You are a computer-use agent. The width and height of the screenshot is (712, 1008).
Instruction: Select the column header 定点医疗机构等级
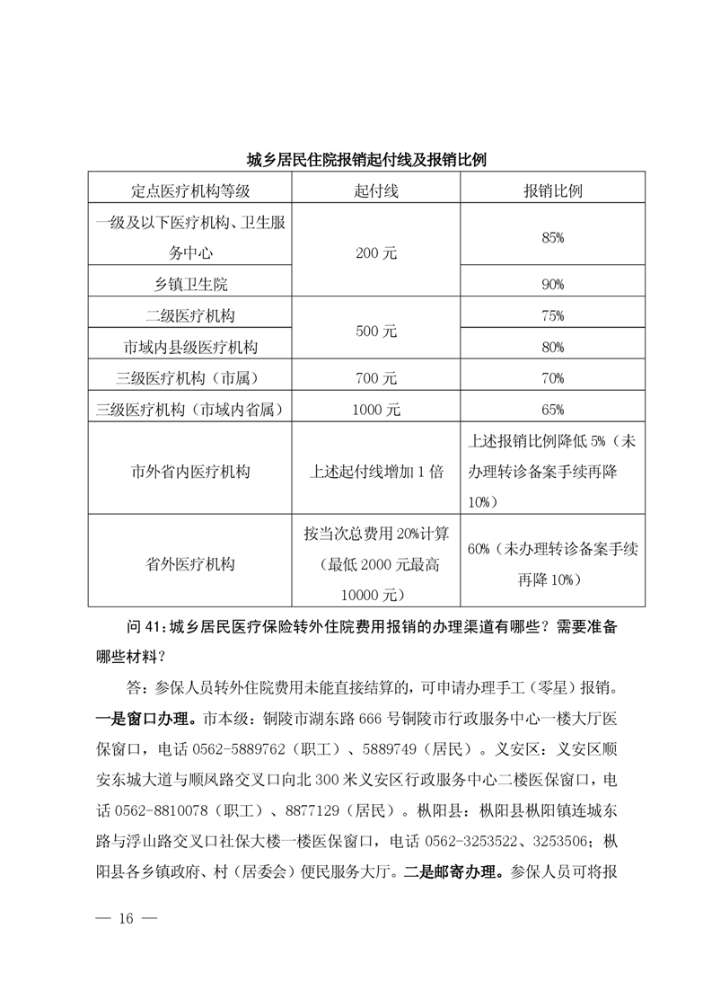tap(189, 190)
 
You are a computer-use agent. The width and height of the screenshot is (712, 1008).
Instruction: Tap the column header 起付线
tap(376, 190)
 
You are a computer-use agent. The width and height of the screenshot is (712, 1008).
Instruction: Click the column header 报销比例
tap(553, 190)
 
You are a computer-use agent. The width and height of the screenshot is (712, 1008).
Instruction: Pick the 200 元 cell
tap(376, 253)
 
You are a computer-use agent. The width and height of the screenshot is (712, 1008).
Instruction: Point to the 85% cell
tap(553, 237)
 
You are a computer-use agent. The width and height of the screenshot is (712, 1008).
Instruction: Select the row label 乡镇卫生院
tap(189, 285)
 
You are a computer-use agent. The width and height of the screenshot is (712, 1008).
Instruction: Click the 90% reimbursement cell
tap(553, 285)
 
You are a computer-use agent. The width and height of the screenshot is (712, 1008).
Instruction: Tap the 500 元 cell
tap(376, 332)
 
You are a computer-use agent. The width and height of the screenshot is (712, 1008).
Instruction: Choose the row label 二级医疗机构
tap(189, 316)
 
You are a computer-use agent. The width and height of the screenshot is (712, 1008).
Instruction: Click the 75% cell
tap(553, 316)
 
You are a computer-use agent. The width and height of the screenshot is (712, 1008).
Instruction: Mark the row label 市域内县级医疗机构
tap(189, 347)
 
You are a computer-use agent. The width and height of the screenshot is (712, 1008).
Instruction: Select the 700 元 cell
tap(376, 378)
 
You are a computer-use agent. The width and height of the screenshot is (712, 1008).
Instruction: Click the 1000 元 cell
tap(376, 410)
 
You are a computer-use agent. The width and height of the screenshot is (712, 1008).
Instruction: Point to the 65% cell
tap(553, 410)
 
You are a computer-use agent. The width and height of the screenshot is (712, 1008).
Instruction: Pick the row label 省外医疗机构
tap(189, 563)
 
